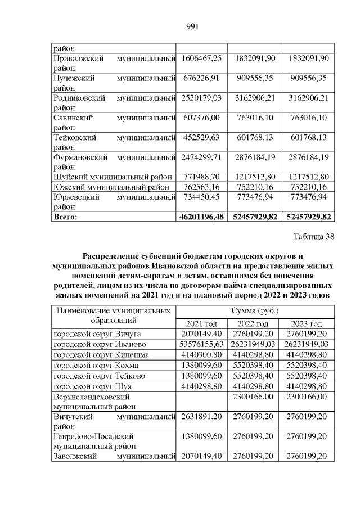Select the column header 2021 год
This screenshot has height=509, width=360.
click(x=201, y=323)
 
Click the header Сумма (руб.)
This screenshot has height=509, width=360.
click(x=254, y=310)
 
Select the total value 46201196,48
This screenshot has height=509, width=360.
click(x=201, y=216)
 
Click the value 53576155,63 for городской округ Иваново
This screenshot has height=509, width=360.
click(x=201, y=344)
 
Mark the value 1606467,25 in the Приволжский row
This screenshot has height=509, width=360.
click(x=201, y=58)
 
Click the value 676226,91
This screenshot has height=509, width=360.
click(x=201, y=78)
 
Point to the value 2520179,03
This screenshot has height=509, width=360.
click(x=201, y=98)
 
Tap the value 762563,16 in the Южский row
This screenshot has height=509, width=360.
click(x=201, y=187)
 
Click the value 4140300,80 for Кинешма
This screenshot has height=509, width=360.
click(x=201, y=355)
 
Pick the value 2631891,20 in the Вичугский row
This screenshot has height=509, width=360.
click(x=201, y=417)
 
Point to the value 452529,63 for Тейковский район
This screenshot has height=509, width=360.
click(x=201, y=137)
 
